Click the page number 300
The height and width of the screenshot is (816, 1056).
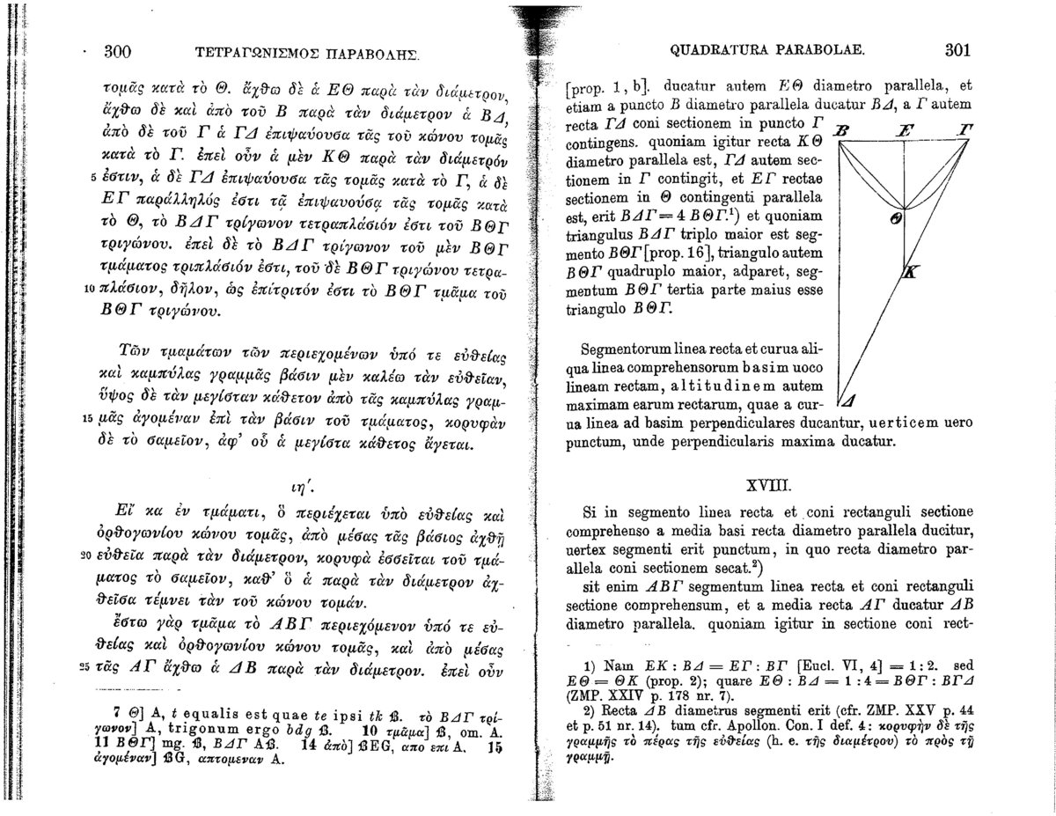click(118, 51)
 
